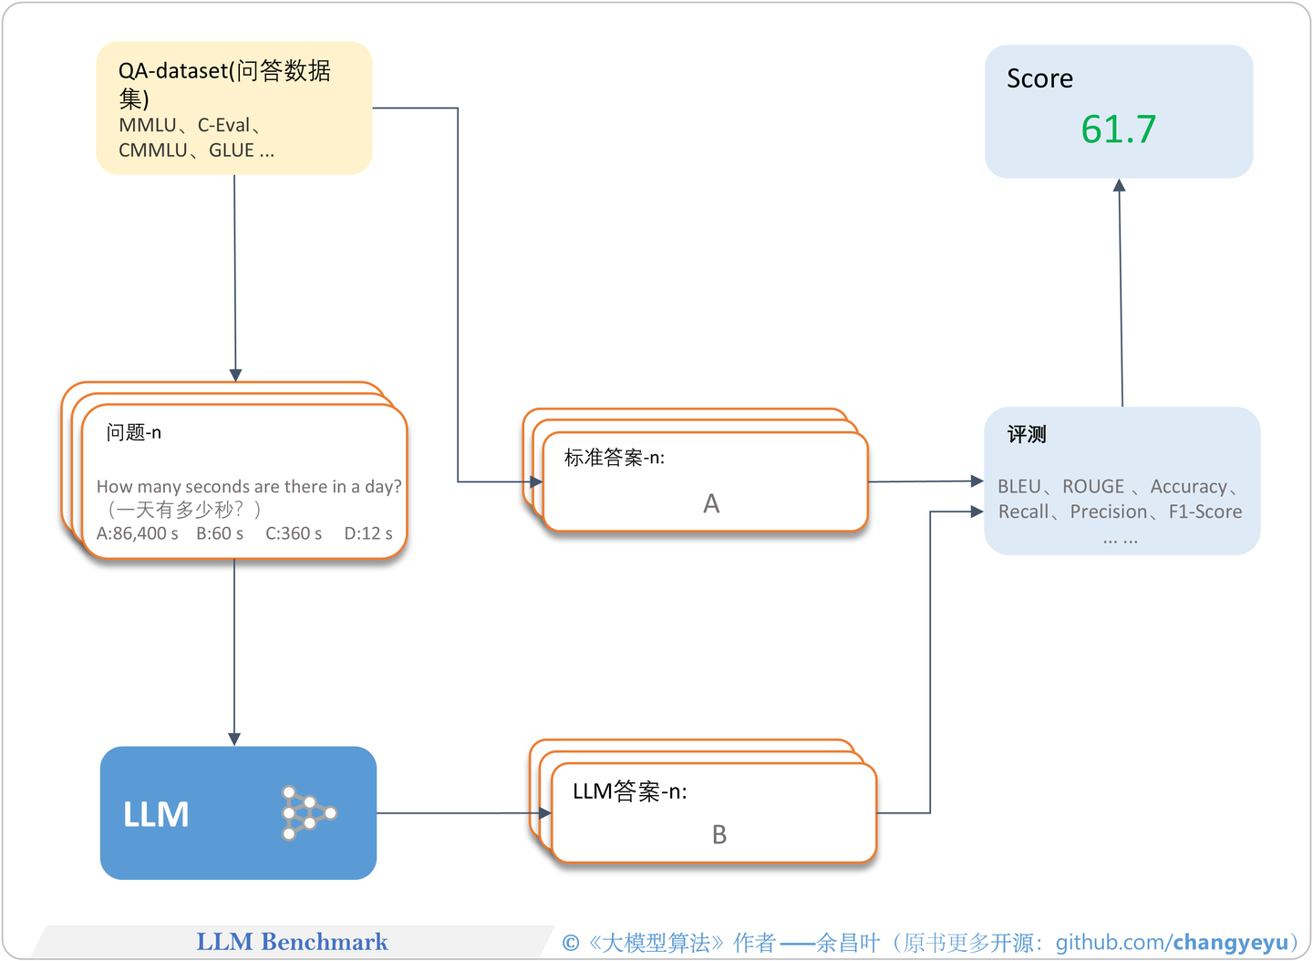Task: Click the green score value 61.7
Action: click(1118, 129)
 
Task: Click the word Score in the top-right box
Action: click(1039, 79)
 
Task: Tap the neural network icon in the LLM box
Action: click(308, 812)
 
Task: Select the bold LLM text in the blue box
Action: click(156, 814)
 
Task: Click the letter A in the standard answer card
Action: click(711, 504)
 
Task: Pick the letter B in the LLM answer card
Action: click(719, 835)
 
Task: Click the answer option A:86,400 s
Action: click(138, 533)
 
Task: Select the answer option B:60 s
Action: click(220, 533)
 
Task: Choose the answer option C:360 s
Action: click(294, 533)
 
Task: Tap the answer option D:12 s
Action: click(368, 533)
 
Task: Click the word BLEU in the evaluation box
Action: click(1018, 487)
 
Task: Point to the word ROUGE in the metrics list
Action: click(1093, 487)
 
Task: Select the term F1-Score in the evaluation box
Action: click(1204, 512)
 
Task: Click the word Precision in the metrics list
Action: click(1109, 512)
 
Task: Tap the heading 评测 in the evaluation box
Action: click(1027, 435)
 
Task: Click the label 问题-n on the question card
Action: click(134, 432)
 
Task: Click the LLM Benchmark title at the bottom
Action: click(292, 942)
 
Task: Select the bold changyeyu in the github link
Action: click(1230, 943)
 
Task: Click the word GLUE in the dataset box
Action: click(232, 150)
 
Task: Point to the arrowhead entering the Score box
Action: click(1120, 185)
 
